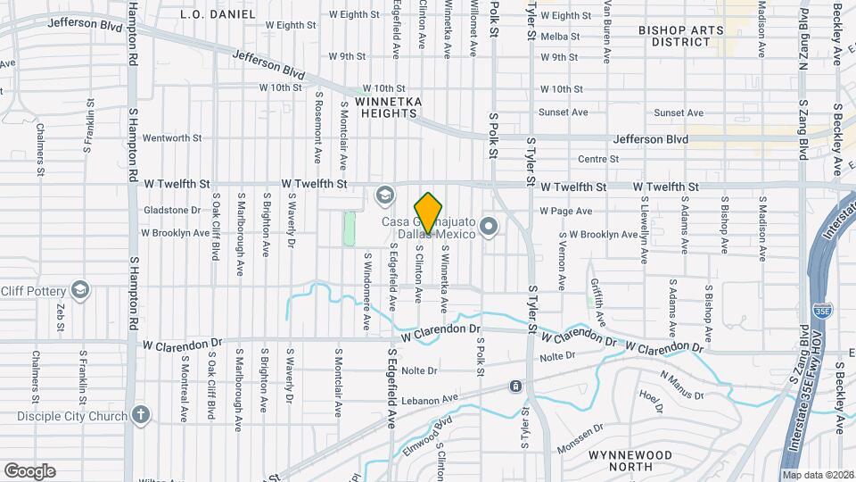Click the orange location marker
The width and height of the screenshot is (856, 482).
click(428, 213)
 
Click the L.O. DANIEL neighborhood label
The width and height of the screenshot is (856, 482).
click(218, 14)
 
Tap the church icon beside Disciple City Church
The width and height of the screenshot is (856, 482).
click(140, 414)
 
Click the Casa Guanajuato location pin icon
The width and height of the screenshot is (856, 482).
click(489, 226)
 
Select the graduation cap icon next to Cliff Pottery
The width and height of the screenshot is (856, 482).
click(81, 289)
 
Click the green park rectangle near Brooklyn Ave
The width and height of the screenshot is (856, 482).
click(350, 229)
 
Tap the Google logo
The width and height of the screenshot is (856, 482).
click(29, 470)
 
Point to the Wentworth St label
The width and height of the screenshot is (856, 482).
click(172, 138)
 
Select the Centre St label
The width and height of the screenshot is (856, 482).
click(598, 159)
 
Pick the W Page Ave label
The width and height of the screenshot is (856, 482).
click(566, 212)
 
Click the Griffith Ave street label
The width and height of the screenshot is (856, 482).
click(598, 301)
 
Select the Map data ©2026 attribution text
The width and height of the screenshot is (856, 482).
click(817, 474)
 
